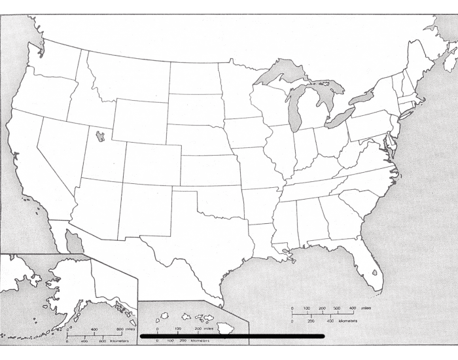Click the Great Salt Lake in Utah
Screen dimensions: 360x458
pyautogui.click(x=99, y=136)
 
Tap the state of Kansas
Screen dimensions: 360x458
pyautogui.click(x=209, y=170)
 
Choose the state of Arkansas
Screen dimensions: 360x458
pyautogui.click(x=261, y=204)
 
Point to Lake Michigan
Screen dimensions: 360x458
pyautogui.click(x=294, y=109)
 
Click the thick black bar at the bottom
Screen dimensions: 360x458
pyautogui.click(x=232, y=336)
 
